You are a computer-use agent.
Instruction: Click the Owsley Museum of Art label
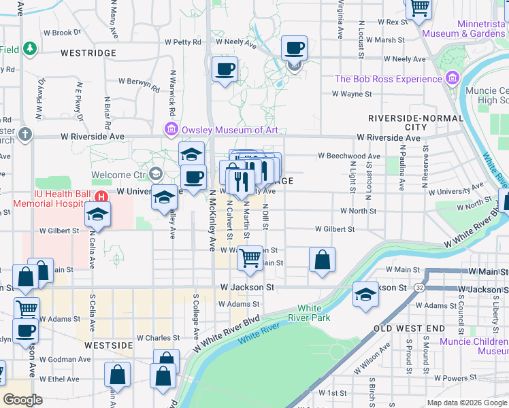pos(229,130)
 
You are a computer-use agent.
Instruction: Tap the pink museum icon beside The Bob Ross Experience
pos(452,79)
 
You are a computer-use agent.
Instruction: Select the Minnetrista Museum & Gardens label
pos(462,28)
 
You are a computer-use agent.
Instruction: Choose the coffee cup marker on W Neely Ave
pos(294,48)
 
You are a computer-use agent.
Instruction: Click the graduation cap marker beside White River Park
pos(366,294)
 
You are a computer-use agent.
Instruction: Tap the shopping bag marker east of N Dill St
pos(322,259)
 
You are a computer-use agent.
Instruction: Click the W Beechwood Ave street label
pos(349,156)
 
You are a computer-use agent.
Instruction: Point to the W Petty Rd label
pos(183,42)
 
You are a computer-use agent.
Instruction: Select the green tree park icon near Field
pos(29,49)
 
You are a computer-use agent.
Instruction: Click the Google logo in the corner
pos(22,400)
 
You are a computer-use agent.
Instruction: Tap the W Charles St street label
pos(158,337)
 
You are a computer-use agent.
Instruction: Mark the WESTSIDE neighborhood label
pos(108,345)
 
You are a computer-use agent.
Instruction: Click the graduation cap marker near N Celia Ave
pos(98,214)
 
